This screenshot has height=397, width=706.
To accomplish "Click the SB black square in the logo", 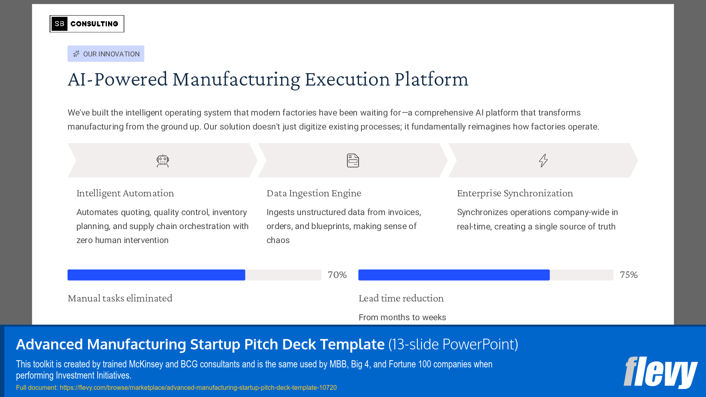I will (x=59, y=24).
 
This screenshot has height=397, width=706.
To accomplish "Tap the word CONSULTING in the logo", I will (x=94, y=24).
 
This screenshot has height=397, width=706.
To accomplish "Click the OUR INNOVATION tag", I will (x=106, y=54).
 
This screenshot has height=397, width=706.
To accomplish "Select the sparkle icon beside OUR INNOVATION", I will (x=76, y=54).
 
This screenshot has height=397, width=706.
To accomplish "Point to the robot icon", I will (x=162, y=161).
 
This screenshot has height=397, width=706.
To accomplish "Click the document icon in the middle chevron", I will (x=353, y=161).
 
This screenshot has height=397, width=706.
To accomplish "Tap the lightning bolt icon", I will (x=543, y=161).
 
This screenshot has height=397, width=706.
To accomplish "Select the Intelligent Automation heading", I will (x=125, y=194).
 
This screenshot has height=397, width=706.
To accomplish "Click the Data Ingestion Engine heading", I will (x=314, y=194).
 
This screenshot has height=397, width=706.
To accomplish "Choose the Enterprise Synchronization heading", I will (x=515, y=194).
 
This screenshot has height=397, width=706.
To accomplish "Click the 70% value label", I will (x=337, y=275).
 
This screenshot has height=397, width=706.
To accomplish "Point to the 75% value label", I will (x=628, y=275).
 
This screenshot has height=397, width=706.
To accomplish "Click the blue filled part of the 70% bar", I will (x=156, y=275).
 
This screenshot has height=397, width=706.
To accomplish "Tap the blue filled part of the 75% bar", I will (x=454, y=275).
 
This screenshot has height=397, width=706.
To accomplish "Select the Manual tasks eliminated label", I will (x=120, y=298).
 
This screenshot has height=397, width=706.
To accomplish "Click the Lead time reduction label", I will (x=401, y=298).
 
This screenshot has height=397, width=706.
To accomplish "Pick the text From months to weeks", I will (x=402, y=317).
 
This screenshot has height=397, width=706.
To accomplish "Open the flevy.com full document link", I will (x=198, y=388).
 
